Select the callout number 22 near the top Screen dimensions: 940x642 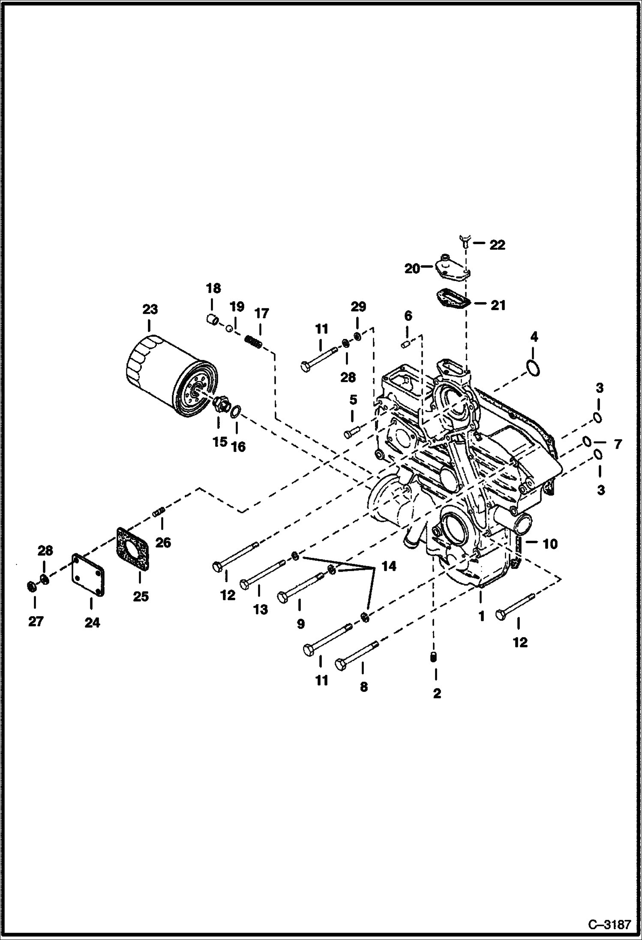[x=497, y=245]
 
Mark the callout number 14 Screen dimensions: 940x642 [x=389, y=566]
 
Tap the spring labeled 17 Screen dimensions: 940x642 [x=253, y=342]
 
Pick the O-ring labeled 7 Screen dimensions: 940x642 [x=587, y=441]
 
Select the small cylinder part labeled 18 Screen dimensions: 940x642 [x=211, y=319]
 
